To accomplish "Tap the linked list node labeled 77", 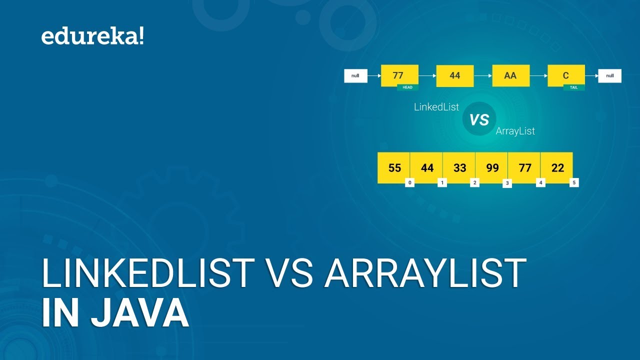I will click(399, 75).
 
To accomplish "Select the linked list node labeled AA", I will click(510, 75).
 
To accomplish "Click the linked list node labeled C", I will click(566, 75).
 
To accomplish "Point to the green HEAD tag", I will click(407, 87).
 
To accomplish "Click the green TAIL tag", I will click(573, 87).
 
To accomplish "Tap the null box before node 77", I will click(355, 76).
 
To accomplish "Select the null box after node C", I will click(609, 76).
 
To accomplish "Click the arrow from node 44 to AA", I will click(483, 76).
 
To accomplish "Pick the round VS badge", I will click(479, 119).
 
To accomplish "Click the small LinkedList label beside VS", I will click(436, 107).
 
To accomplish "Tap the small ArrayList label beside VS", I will click(515, 131).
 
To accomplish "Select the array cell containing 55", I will click(394, 167).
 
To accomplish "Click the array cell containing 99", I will click(492, 167).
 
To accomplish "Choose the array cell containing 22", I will click(557, 167).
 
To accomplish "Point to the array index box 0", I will click(409, 183).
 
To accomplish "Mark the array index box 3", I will click(507, 183).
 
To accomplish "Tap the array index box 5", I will click(574, 183).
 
